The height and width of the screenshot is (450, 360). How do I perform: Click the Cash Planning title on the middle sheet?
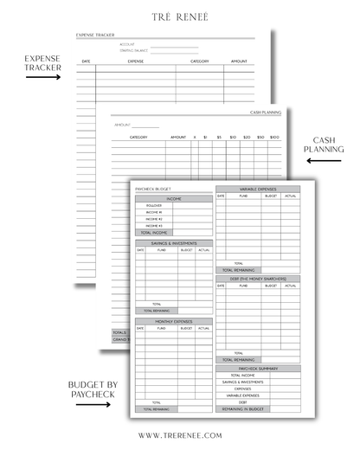(265, 112)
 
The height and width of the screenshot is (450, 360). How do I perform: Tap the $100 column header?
(274, 137)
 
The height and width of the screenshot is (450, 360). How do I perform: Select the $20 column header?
(247, 137)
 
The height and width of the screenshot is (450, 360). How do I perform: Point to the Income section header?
(173, 198)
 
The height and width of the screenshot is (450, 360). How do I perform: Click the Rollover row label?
(154, 206)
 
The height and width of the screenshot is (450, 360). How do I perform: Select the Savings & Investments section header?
(173, 243)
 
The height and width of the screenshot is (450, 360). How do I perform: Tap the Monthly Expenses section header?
(173, 321)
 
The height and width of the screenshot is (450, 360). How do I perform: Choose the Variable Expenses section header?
(258, 188)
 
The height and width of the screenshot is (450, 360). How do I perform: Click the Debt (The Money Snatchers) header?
(258, 278)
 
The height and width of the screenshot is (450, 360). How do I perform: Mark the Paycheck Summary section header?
(258, 368)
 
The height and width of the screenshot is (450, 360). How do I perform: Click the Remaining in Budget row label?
(242, 408)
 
